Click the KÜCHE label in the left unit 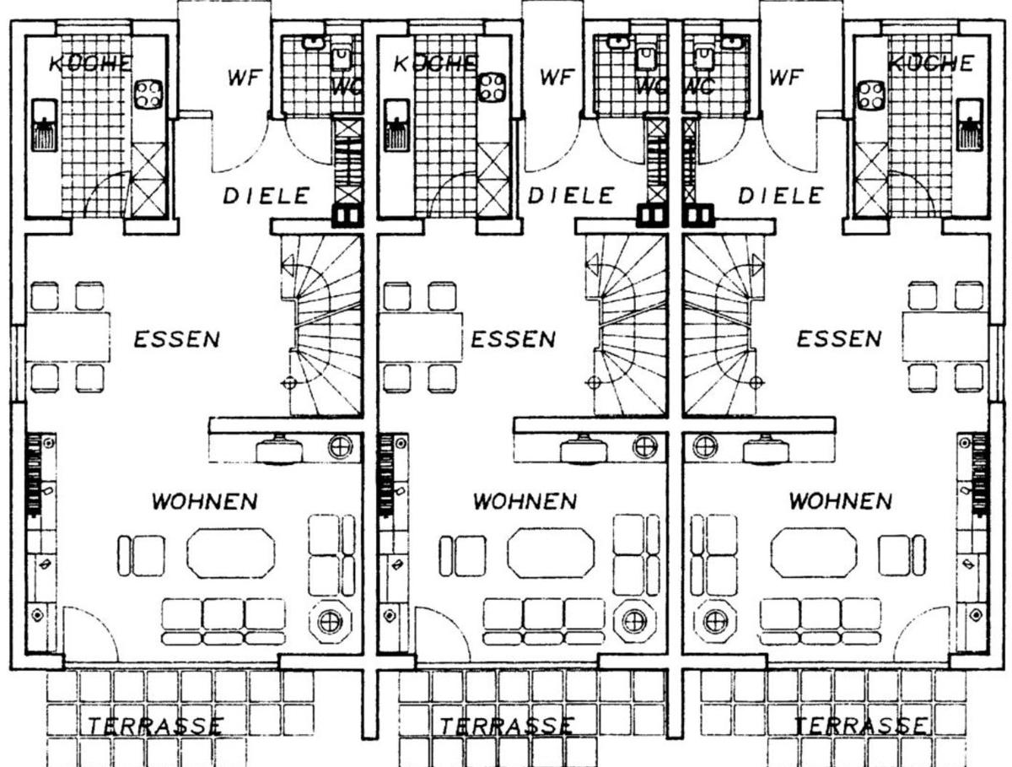91,63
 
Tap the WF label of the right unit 786,77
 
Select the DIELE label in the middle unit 571,196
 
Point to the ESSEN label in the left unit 176,339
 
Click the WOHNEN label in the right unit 841,501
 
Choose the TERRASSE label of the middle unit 507,726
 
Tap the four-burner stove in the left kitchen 148,95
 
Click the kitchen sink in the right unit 970,125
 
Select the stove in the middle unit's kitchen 492,88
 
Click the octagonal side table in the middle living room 635,621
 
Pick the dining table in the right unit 945,337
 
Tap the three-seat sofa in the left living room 223,621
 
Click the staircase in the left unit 322,325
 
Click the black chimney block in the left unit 347,215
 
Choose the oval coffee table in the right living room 814,553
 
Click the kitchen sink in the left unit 44,125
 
